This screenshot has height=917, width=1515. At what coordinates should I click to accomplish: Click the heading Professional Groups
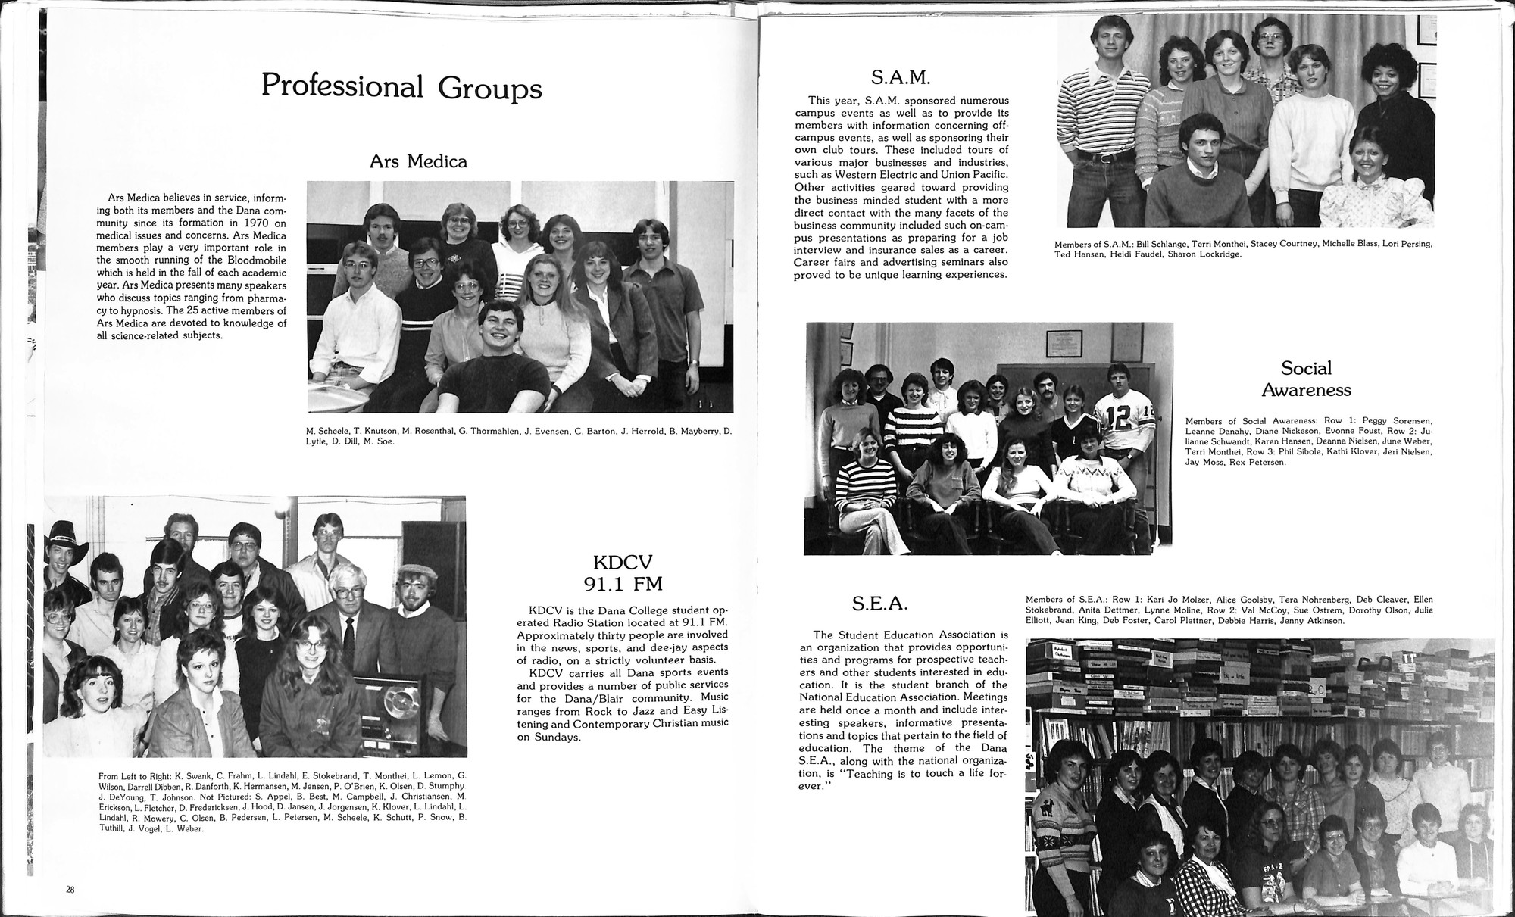coord(401,87)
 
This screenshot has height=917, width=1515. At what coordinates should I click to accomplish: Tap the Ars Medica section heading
coord(418,161)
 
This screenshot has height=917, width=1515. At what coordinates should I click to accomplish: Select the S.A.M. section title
coord(901,76)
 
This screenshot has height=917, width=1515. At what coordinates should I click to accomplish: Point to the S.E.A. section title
coord(879,604)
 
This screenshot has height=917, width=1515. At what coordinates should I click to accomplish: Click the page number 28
coord(70,889)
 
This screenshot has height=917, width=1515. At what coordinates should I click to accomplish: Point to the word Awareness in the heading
coord(1306,391)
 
